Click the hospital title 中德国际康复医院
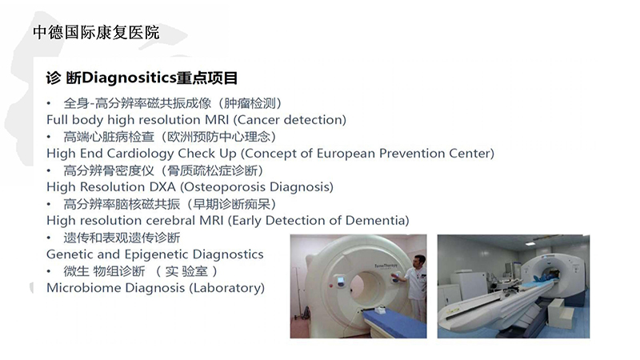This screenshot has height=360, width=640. (x=96, y=32)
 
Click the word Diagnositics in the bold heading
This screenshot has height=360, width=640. (x=129, y=78)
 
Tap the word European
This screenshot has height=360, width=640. (x=346, y=154)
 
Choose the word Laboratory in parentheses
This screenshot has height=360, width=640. (x=226, y=288)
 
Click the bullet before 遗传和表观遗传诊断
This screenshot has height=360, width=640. (x=49, y=238)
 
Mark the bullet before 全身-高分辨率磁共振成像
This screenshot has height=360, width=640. (x=49, y=104)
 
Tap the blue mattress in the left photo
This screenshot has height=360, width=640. (x=394, y=322)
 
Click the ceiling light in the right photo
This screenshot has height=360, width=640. (x=530, y=244)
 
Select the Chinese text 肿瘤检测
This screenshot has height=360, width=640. (x=250, y=103)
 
